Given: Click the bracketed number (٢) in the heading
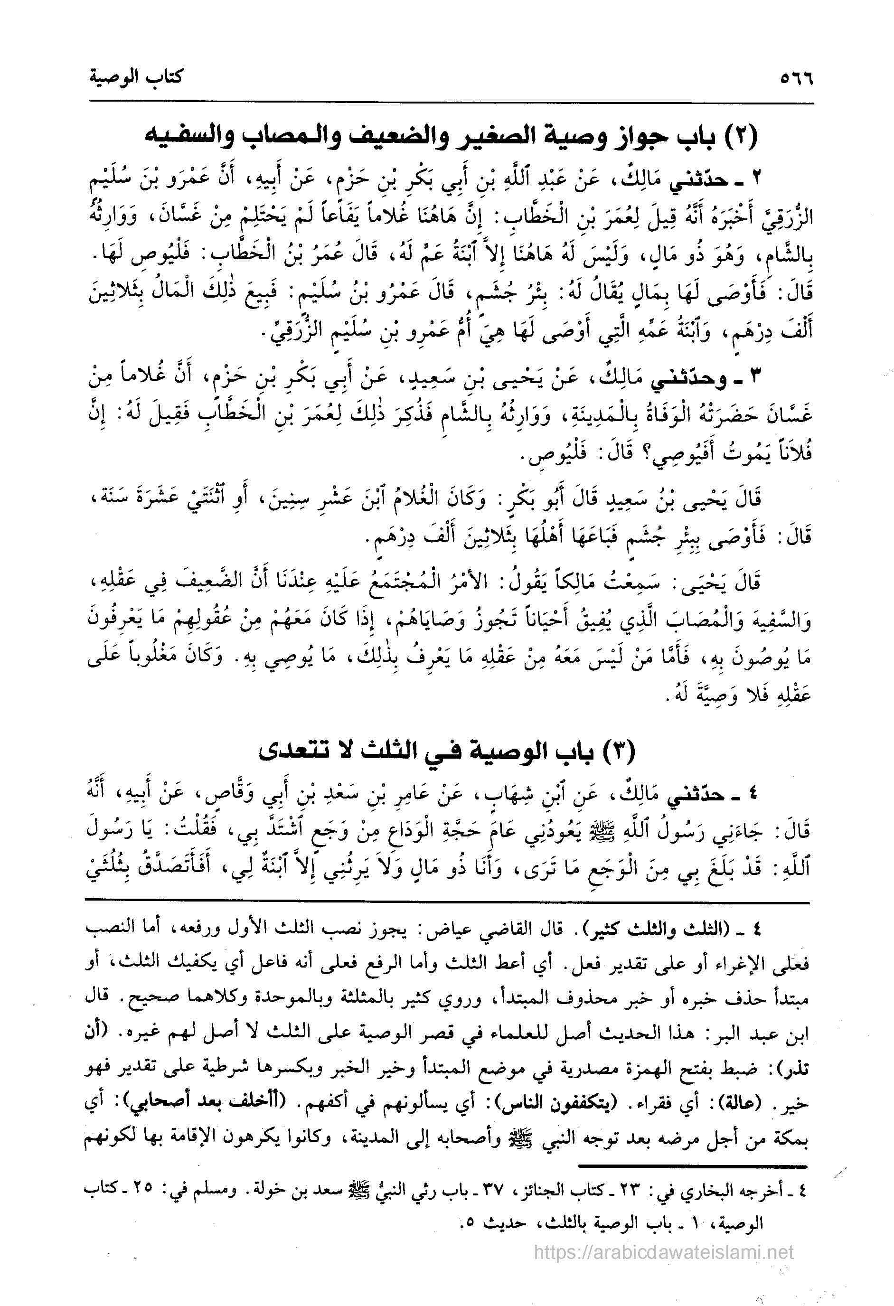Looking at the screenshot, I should point(740,137).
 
